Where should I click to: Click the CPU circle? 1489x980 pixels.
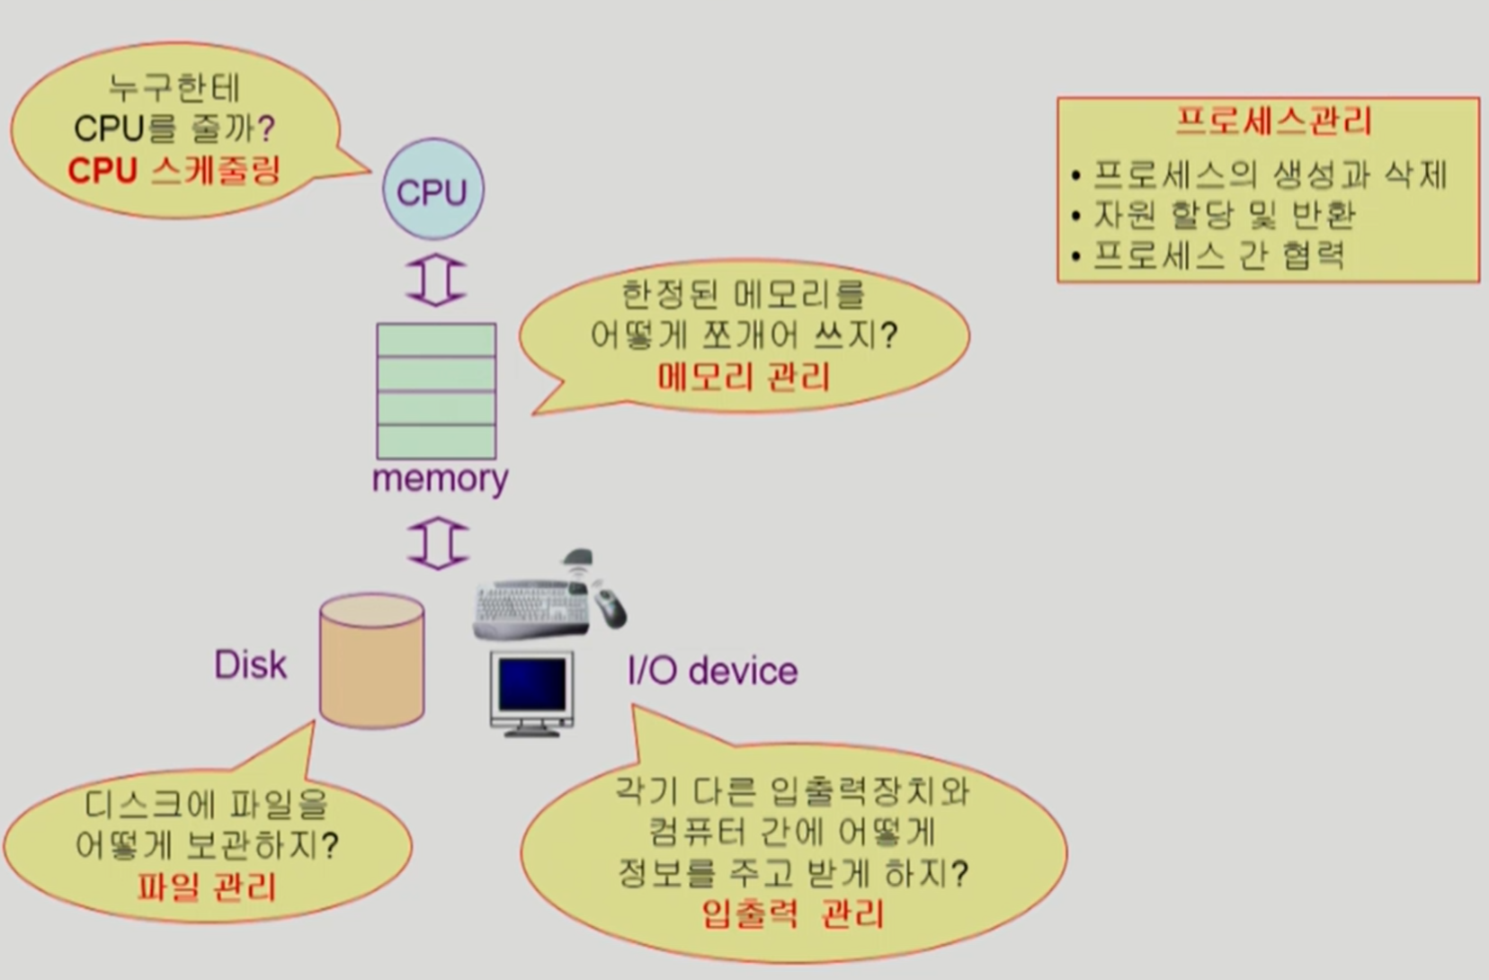433,190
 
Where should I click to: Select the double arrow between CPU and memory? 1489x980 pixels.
436,281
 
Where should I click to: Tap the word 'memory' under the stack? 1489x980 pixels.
440,478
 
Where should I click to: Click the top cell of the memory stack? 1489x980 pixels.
436,340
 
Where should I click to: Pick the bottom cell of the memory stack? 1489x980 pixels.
436,441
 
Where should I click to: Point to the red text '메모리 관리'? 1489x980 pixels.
744,377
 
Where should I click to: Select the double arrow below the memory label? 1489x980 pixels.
438,543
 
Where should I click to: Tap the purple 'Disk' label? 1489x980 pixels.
250,665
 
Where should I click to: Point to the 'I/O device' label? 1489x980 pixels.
712,671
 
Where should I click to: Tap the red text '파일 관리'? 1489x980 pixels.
207,887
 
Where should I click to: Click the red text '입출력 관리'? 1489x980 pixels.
792,914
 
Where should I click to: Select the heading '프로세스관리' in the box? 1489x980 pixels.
1274,121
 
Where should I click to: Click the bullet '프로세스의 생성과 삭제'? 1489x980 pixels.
1269,174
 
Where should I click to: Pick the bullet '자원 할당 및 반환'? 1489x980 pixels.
1224,215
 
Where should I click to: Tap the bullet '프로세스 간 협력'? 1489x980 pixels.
1218,256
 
